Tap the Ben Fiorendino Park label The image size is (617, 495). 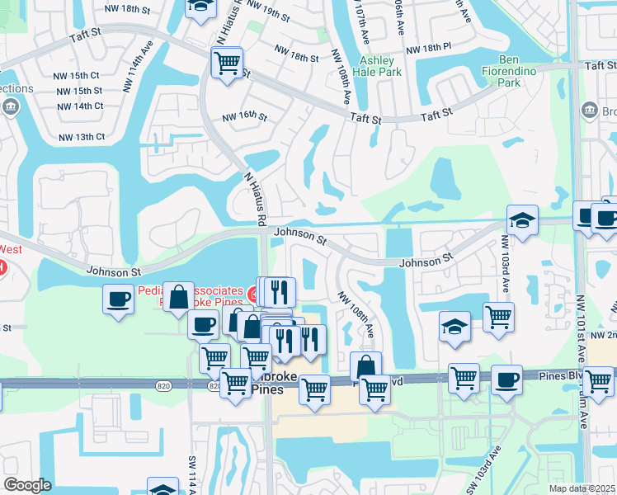pyautogui.click(x=521, y=71)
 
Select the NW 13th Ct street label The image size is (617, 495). pyautogui.click(x=81, y=137)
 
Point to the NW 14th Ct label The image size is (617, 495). pyautogui.click(x=81, y=106)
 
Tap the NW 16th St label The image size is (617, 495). pyautogui.click(x=245, y=118)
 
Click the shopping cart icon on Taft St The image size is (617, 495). pyautogui.click(x=227, y=62)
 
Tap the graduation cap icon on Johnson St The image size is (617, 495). pyautogui.click(x=522, y=220)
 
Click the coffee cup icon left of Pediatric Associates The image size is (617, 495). pyautogui.click(x=119, y=297)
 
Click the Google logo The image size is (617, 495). pyautogui.click(x=27, y=485)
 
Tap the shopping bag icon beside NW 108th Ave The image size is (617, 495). pyautogui.click(x=365, y=365)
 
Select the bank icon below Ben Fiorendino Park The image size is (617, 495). pyautogui.click(x=589, y=109)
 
